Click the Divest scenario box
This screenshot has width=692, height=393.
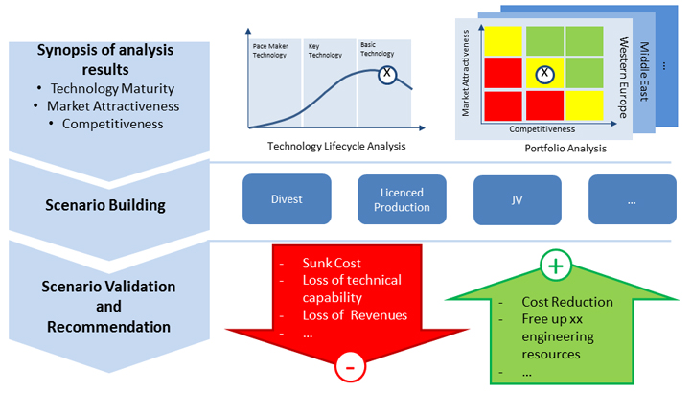coord(287,198)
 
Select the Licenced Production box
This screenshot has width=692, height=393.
coord(402,199)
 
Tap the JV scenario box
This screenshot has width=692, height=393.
coord(518,200)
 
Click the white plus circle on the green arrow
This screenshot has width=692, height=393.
coord(556,266)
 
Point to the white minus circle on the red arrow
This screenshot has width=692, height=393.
coord(351,367)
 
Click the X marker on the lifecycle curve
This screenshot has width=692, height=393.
coord(387,73)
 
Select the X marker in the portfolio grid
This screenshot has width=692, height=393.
coord(544,73)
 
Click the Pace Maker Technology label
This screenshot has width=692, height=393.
coord(270,51)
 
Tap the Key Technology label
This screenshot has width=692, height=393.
coord(325,51)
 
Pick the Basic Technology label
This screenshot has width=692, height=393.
coord(377,49)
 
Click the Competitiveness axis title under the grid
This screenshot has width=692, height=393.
coord(542,129)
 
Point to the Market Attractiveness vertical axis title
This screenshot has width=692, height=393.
coord(466,73)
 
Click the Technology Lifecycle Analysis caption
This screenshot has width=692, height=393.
coord(336,146)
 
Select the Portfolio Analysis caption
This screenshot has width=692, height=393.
coord(565,149)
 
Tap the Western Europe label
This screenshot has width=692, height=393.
coord(623,78)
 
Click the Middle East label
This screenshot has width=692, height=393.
coord(644,72)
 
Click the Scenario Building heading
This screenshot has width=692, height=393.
coord(105,205)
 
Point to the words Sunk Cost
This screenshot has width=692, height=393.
coord(332,264)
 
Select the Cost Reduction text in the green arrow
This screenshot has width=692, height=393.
coord(567,302)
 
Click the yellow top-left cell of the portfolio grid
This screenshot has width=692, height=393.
coord(503,41)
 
